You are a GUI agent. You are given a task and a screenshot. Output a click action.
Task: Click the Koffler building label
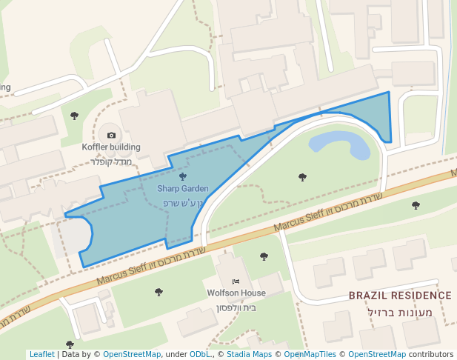click(x=111, y=147)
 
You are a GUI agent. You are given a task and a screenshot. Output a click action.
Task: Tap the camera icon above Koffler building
click(x=111, y=135)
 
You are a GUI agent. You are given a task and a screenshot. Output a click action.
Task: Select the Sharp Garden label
click(x=182, y=189)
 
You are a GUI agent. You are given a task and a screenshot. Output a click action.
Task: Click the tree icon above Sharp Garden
click(x=182, y=176)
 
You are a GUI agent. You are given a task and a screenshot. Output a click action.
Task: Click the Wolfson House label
click(x=236, y=293)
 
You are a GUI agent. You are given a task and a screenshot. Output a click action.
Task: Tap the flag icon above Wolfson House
click(x=236, y=281)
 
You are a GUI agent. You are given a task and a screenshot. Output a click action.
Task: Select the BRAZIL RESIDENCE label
click(x=400, y=296)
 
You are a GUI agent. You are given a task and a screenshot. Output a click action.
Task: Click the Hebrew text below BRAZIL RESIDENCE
click(x=400, y=312)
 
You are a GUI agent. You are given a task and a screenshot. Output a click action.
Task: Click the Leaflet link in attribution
click(x=41, y=355)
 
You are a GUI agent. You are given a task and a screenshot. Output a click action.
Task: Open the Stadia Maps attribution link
click(x=249, y=355)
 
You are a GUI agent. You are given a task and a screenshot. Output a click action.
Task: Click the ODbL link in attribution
click(x=199, y=355)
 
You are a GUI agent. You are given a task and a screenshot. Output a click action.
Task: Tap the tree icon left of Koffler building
click(x=74, y=116)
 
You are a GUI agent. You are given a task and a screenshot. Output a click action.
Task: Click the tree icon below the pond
click(x=302, y=177)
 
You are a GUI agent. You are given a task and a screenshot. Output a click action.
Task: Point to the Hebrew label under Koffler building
click(x=111, y=161)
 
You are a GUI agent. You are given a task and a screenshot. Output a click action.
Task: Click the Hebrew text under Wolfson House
click(x=236, y=307)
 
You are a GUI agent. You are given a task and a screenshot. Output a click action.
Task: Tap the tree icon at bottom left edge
click(x=70, y=344)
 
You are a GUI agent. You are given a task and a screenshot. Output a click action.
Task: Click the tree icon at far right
click(x=416, y=205)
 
